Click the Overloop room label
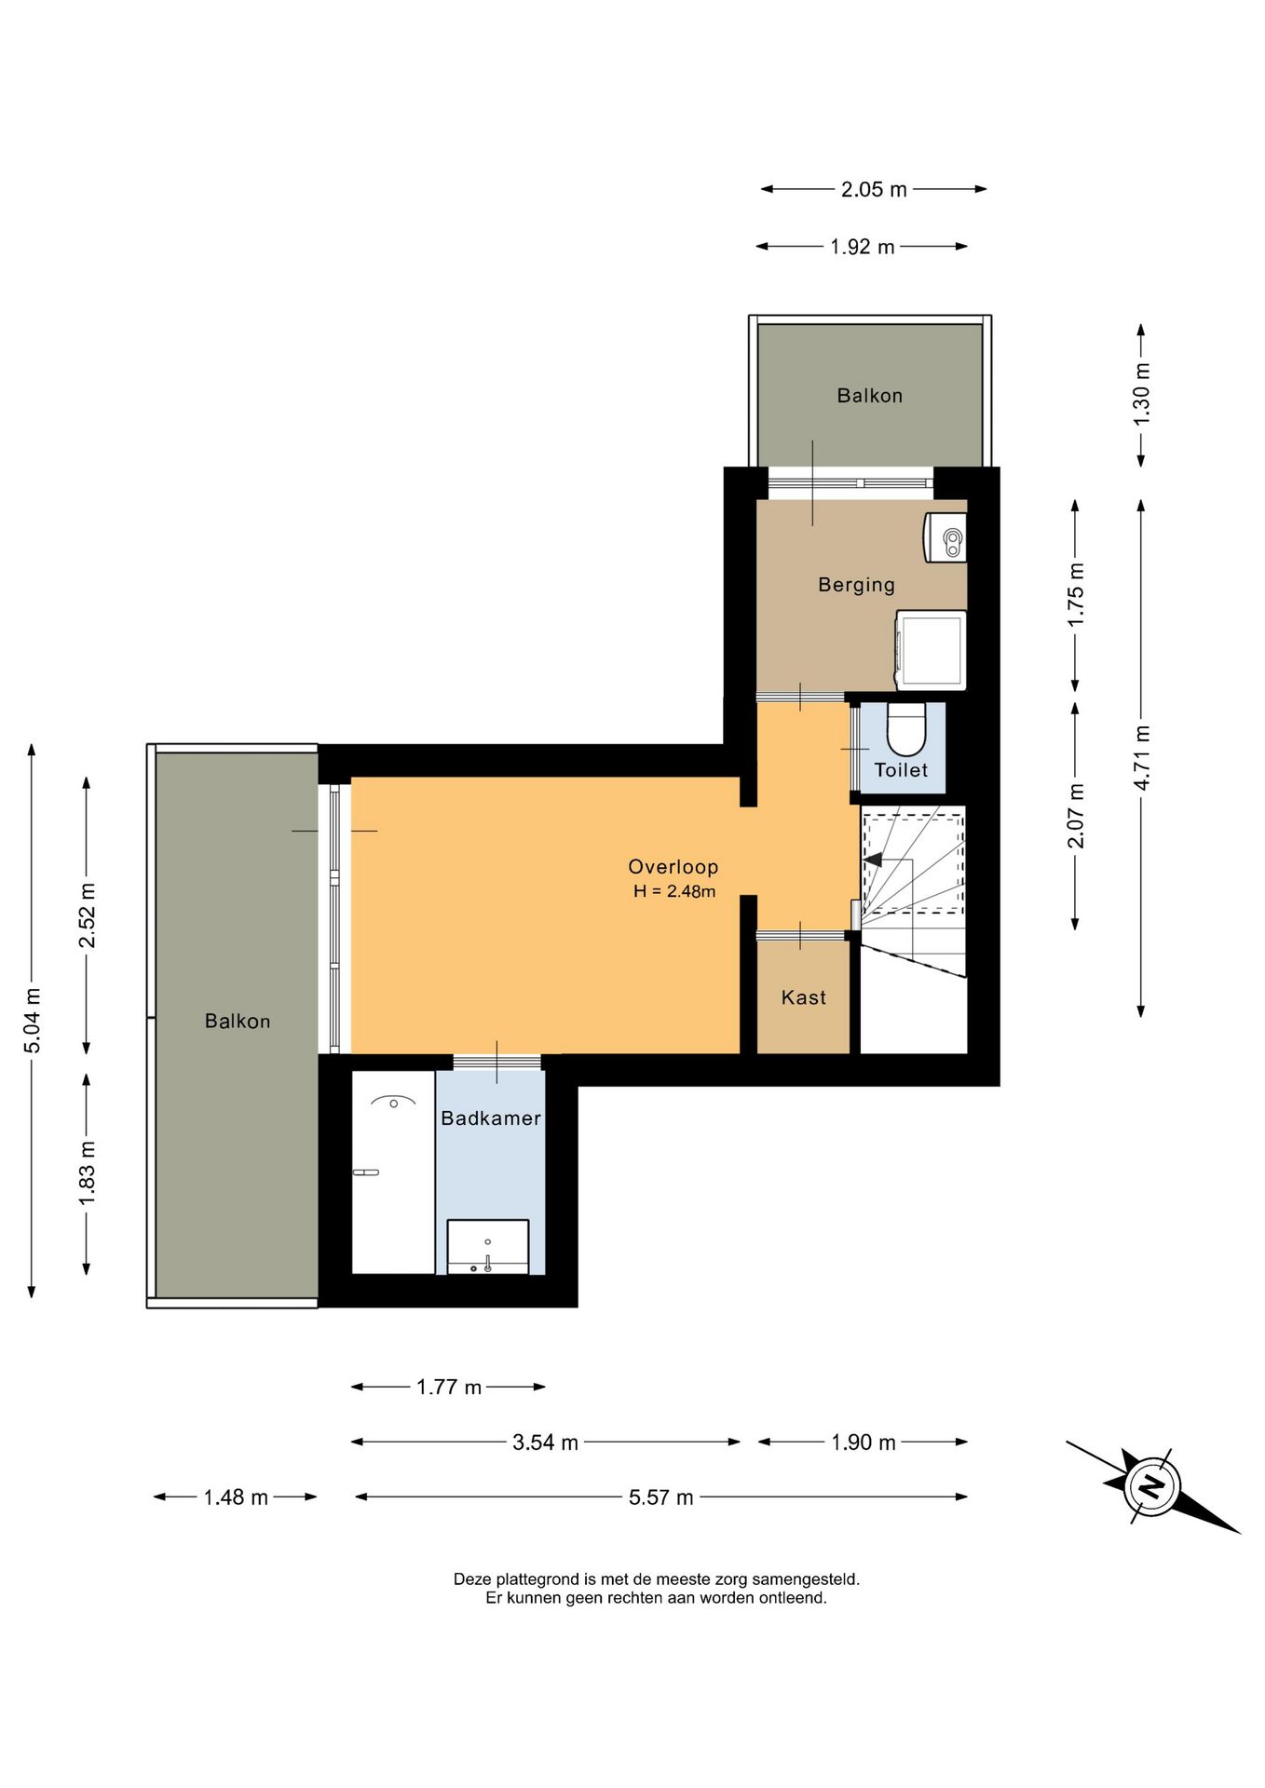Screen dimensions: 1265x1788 (673, 867)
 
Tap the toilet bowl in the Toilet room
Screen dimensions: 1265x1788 (905, 728)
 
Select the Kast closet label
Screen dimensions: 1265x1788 (803, 997)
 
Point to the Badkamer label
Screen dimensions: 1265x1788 (491, 1118)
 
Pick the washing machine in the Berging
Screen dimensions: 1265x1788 (931, 650)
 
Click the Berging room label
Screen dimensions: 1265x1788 (856, 585)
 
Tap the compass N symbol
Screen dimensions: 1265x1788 (1152, 1484)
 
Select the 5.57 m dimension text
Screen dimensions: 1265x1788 (661, 1497)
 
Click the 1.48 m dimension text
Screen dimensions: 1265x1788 (236, 1497)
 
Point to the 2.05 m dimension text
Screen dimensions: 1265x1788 (874, 189)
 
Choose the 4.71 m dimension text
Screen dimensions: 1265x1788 (1142, 757)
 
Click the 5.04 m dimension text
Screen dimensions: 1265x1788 (33, 1020)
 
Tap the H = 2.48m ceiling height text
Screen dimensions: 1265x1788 (674, 891)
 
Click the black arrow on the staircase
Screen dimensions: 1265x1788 (873, 860)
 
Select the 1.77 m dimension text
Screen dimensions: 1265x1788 (449, 1387)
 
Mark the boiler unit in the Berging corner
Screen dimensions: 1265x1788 (945, 537)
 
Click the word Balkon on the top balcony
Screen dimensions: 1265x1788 (870, 396)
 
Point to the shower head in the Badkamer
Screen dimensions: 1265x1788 (393, 1102)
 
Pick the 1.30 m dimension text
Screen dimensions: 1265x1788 (1142, 394)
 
